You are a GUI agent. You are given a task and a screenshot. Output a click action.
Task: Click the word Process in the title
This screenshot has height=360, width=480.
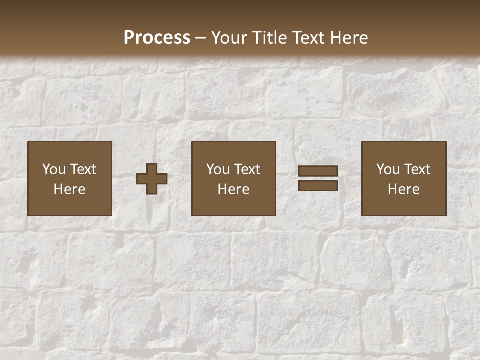(x=157, y=38)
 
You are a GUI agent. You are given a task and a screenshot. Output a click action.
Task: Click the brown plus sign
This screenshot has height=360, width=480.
(x=152, y=178)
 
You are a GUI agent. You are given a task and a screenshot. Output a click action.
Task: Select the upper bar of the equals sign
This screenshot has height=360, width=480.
(x=318, y=171)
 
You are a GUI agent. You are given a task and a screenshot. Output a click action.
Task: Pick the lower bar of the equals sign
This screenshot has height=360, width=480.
(x=318, y=186)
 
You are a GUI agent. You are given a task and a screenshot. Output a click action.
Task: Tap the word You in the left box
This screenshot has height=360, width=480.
(x=54, y=169)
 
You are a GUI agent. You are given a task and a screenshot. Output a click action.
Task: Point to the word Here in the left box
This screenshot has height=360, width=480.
(x=70, y=189)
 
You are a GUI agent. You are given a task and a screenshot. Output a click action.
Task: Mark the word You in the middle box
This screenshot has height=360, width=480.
(x=218, y=169)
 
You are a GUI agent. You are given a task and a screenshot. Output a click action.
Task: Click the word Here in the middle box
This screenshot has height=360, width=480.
(x=234, y=189)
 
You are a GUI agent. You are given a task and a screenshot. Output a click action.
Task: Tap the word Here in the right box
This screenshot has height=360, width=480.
(x=404, y=189)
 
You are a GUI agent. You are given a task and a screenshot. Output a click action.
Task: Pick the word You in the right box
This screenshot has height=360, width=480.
(x=388, y=169)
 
